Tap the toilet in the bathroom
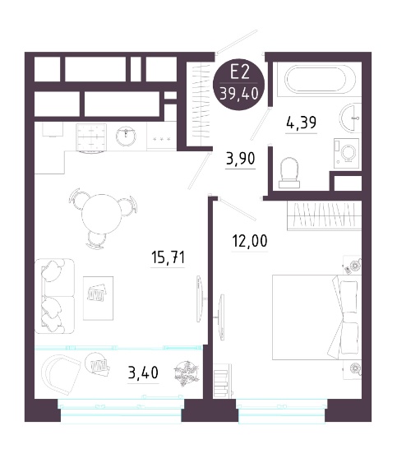(x=289, y=173)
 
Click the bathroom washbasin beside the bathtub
(x=350, y=118)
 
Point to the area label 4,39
(x=301, y=123)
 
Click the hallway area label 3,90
(x=240, y=159)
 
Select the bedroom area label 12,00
(x=250, y=241)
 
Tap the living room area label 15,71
(x=168, y=257)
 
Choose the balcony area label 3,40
(x=143, y=373)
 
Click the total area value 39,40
(x=238, y=94)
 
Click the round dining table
(x=102, y=215)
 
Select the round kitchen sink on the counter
(x=127, y=136)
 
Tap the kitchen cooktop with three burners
(x=162, y=139)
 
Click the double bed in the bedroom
(x=316, y=317)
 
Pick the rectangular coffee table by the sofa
(x=98, y=298)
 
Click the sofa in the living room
(x=54, y=296)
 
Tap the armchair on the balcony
(x=60, y=374)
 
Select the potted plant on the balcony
(x=186, y=373)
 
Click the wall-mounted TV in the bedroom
(x=221, y=317)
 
